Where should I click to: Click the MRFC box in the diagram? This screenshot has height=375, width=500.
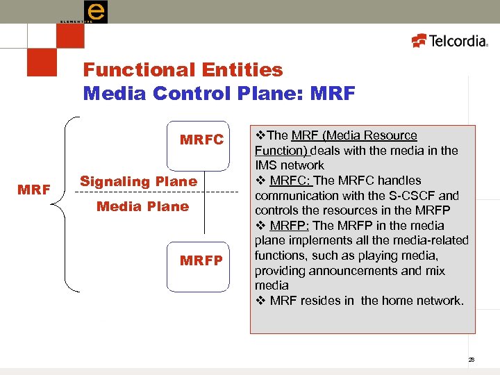click(x=202, y=140)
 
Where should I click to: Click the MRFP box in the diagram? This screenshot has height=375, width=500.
click(x=201, y=261)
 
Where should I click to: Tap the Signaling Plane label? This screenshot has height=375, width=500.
click(x=138, y=181)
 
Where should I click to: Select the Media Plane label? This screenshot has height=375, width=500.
click(x=142, y=206)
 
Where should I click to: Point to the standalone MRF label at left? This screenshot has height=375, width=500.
click(x=33, y=188)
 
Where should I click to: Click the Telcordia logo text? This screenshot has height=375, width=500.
click(x=458, y=41)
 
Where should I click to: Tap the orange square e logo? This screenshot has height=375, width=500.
click(x=95, y=12)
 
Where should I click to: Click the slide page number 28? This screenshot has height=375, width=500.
click(x=471, y=360)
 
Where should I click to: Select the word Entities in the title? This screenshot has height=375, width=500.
click(x=243, y=70)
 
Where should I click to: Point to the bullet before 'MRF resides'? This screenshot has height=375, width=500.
click(x=259, y=301)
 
